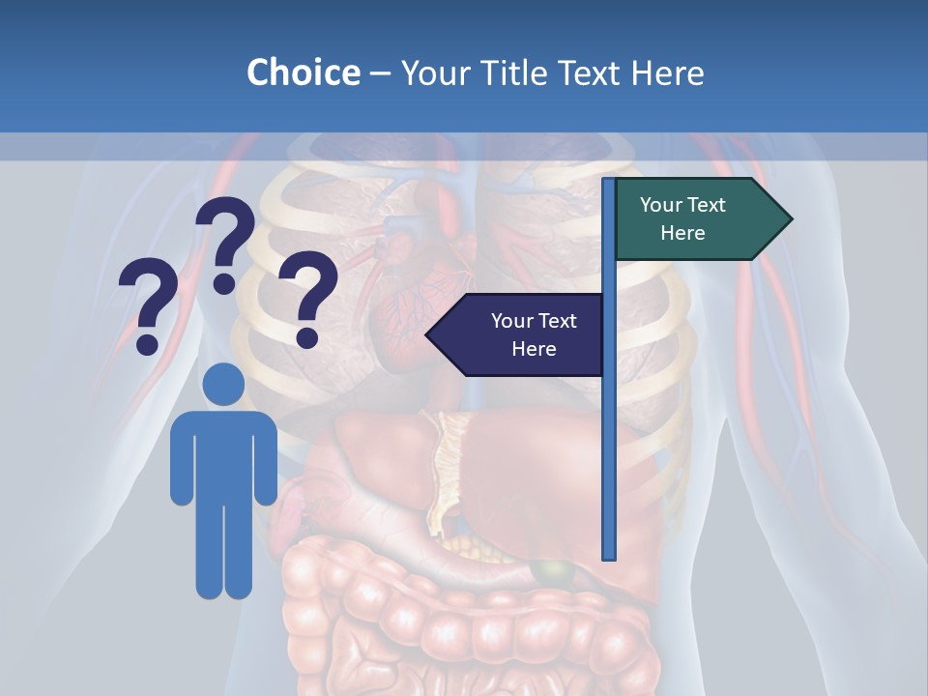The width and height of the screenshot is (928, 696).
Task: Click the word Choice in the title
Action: tap(303, 72)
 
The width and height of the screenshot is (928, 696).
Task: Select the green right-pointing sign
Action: tap(691, 219)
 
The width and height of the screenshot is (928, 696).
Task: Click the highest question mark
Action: tap(225, 242)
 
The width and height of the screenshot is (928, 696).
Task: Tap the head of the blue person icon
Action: tap(223, 384)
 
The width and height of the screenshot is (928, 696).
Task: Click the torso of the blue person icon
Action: tap(223, 454)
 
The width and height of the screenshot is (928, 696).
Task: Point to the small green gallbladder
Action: tap(550, 573)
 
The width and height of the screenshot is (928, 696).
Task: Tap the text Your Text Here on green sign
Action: tap(682, 218)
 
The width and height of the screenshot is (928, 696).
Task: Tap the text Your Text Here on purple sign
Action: tap(534, 334)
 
